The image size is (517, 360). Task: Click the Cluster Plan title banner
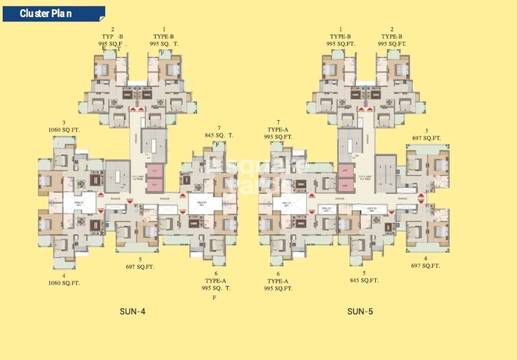52,13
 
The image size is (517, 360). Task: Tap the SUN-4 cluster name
132,312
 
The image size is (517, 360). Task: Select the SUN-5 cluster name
360,312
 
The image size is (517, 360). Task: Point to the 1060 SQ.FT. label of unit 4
64,283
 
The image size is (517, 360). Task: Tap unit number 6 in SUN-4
216,273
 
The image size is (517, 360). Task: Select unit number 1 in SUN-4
164,29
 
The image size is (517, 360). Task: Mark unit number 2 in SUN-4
112,29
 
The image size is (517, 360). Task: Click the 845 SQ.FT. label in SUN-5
365,280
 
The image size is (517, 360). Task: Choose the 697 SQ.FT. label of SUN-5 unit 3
427,138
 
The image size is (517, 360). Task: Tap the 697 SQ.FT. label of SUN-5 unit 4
425,266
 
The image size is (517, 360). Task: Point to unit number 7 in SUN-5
278,122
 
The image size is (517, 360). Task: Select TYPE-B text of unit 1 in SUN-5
340,36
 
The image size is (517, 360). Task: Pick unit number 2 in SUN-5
392,29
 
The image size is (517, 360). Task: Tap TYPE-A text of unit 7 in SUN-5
278,129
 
